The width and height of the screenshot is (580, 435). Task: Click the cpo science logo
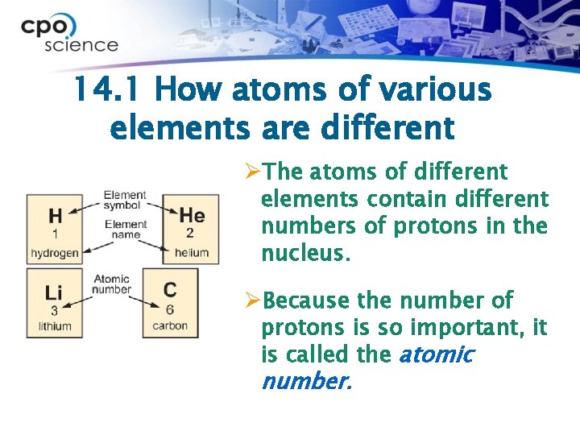pos(69,32)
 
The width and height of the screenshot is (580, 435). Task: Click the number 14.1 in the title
pos(108,90)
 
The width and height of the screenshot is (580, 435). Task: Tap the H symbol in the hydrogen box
pos(55,216)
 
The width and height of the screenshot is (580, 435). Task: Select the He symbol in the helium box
pos(192,215)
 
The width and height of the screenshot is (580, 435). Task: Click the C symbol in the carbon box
pos(170,290)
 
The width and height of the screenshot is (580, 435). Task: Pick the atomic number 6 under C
pos(170,309)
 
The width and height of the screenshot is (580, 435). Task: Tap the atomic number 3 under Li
pos(54,310)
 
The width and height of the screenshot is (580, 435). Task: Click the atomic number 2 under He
pos(191,234)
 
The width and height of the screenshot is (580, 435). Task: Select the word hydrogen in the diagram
pos(55,253)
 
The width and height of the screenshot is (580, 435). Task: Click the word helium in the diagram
pos(192,253)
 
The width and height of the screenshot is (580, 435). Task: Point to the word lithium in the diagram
pos(54,326)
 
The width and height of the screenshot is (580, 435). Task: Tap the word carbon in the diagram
pos(170,326)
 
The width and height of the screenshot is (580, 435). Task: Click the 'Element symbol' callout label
pos(125,201)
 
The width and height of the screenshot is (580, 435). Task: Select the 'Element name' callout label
pos(125,230)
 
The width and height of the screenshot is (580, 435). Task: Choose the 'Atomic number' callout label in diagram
pos(111,284)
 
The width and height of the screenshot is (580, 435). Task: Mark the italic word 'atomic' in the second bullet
pos(436,354)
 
